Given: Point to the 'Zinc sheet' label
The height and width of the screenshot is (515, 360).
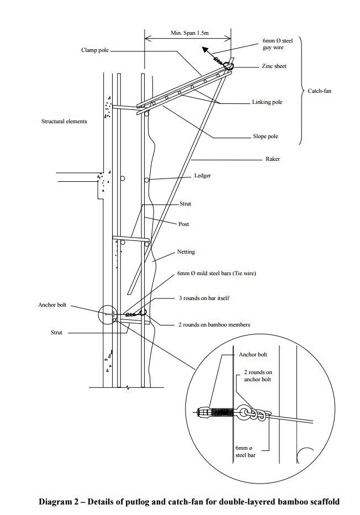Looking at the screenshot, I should click(x=273, y=66).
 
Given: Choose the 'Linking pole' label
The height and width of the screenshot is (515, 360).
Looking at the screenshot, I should click(x=267, y=102).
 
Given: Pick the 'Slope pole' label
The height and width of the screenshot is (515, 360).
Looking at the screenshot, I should click(x=266, y=136).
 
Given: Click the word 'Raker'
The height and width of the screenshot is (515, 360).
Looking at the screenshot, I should click(x=273, y=159).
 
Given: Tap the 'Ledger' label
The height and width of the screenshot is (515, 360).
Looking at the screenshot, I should click(x=203, y=176).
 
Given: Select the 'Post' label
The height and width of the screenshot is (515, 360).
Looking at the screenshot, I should click(x=184, y=224).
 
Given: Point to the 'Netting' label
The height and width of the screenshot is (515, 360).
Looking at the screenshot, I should click(x=186, y=252).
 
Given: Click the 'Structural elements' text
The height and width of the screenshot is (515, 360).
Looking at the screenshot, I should click(x=64, y=121).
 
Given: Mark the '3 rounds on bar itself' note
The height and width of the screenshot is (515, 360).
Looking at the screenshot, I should click(x=203, y=298).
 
